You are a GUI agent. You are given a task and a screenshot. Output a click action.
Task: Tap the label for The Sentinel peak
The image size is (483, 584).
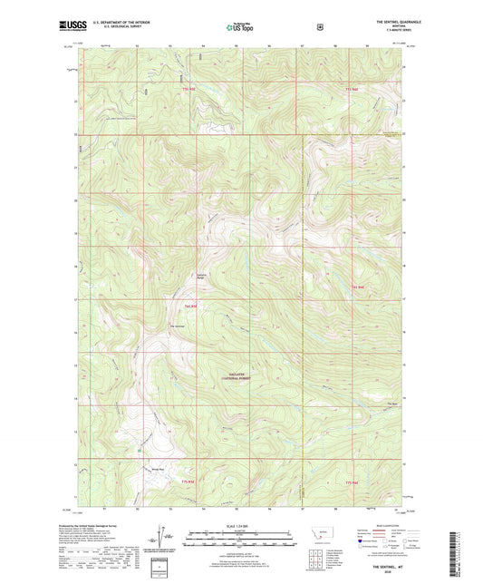tap(179, 326)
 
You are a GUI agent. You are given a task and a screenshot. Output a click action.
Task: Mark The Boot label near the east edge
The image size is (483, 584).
tap(392, 404)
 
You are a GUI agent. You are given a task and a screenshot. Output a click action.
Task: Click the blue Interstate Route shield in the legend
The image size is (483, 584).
tap(362, 541)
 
